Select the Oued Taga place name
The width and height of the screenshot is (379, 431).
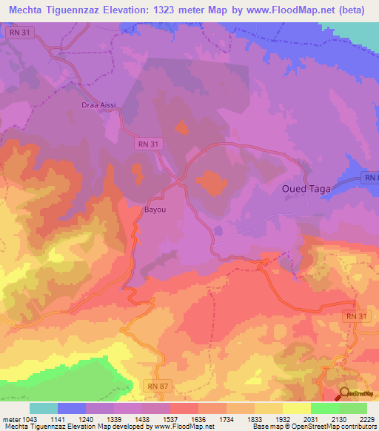click(306, 189)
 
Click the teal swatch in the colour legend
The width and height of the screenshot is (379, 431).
click(44, 408)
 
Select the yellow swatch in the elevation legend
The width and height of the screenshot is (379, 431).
click(297, 408)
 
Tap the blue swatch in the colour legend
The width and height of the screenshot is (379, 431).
click(72, 408)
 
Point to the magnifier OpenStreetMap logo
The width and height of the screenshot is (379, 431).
click(346, 395)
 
